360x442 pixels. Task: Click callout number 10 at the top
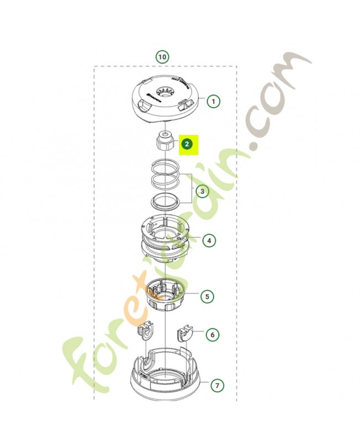pyautogui.click(x=162, y=56)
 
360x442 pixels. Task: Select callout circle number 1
pyautogui.click(x=213, y=101)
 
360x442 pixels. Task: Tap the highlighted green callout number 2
pyautogui.click(x=187, y=144)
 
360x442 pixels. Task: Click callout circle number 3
pyautogui.click(x=202, y=192)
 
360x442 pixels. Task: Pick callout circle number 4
pyautogui.click(x=209, y=240)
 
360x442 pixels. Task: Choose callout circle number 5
pyautogui.click(x=207, y=297)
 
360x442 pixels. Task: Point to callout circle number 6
pyautogui.click(x=211, y=335)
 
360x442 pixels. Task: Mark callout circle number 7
pyautogui.click(x=216, y=385)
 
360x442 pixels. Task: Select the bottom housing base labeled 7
pyautogui.click(x=165, y=376)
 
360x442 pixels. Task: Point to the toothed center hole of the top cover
pyautogui.click(x=164, y=91)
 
